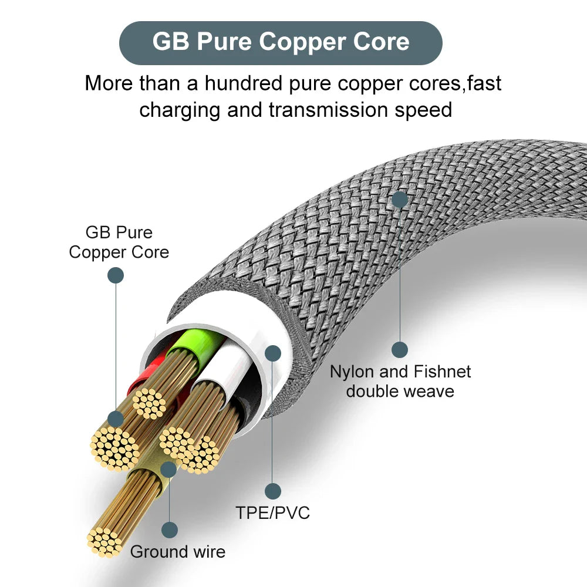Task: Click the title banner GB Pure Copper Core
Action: coord(281,42)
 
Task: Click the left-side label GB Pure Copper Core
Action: coord(119,242)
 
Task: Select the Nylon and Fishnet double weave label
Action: coord(400,381)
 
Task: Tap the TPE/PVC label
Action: coord(272,512)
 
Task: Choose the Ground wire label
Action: coord(178,552)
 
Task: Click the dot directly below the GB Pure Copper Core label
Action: coord(116,275)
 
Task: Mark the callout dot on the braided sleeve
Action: coord(400,199)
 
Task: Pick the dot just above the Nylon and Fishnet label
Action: coord(400,350)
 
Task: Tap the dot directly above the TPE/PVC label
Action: coord(272,491)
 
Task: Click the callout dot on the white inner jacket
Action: coord(272,353)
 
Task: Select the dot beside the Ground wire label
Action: coord(170,530)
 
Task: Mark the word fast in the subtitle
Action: coord(485,83)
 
